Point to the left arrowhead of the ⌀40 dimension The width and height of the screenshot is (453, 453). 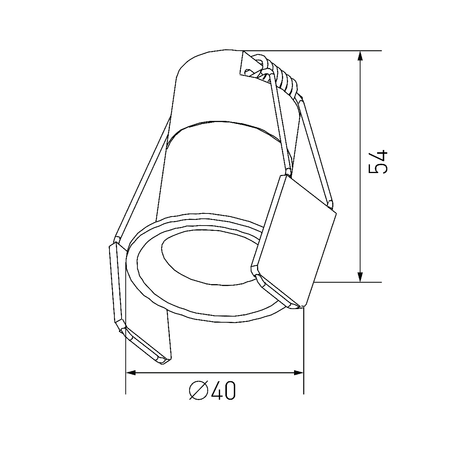131,373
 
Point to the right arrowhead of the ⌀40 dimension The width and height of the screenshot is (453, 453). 299,373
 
